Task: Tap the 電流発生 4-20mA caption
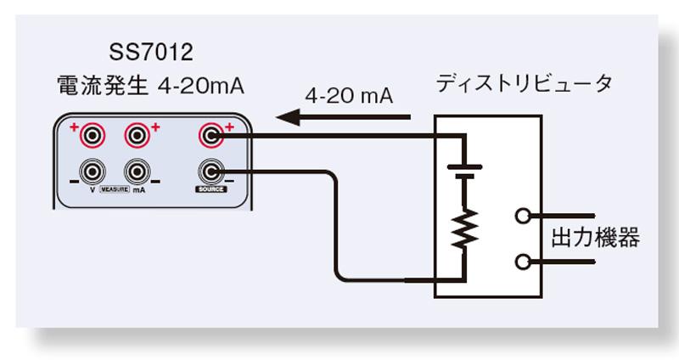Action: [154, 85]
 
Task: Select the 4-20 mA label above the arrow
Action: [349, 96]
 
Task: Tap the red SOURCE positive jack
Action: [210, 134]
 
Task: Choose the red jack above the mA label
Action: [136, 134]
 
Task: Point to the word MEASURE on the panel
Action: [114, 190]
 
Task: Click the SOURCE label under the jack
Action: [210, 190]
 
